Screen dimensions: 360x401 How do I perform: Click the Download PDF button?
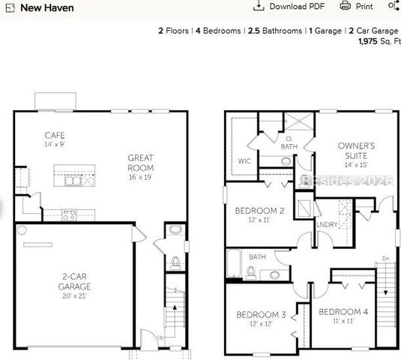(288, 6)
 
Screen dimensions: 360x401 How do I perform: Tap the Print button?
(357, 6)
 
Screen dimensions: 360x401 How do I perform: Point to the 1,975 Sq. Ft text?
(379, 41)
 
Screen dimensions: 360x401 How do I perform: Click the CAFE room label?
(55, 135)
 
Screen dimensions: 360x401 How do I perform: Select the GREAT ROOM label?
(140, 162)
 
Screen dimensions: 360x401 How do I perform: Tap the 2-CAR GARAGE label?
(76, 281)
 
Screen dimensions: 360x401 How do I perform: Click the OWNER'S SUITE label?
(357, 150)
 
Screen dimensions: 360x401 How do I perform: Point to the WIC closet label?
(244, 160)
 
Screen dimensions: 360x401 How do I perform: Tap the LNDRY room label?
(327, 223)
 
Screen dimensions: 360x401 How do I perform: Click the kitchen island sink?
(73, 180)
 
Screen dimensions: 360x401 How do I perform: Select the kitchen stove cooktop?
(68, 214)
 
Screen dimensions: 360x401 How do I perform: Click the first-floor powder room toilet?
(175, 262)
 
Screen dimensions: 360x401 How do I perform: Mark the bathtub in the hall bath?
(234, 266)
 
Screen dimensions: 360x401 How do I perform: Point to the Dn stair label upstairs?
(386, 259)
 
